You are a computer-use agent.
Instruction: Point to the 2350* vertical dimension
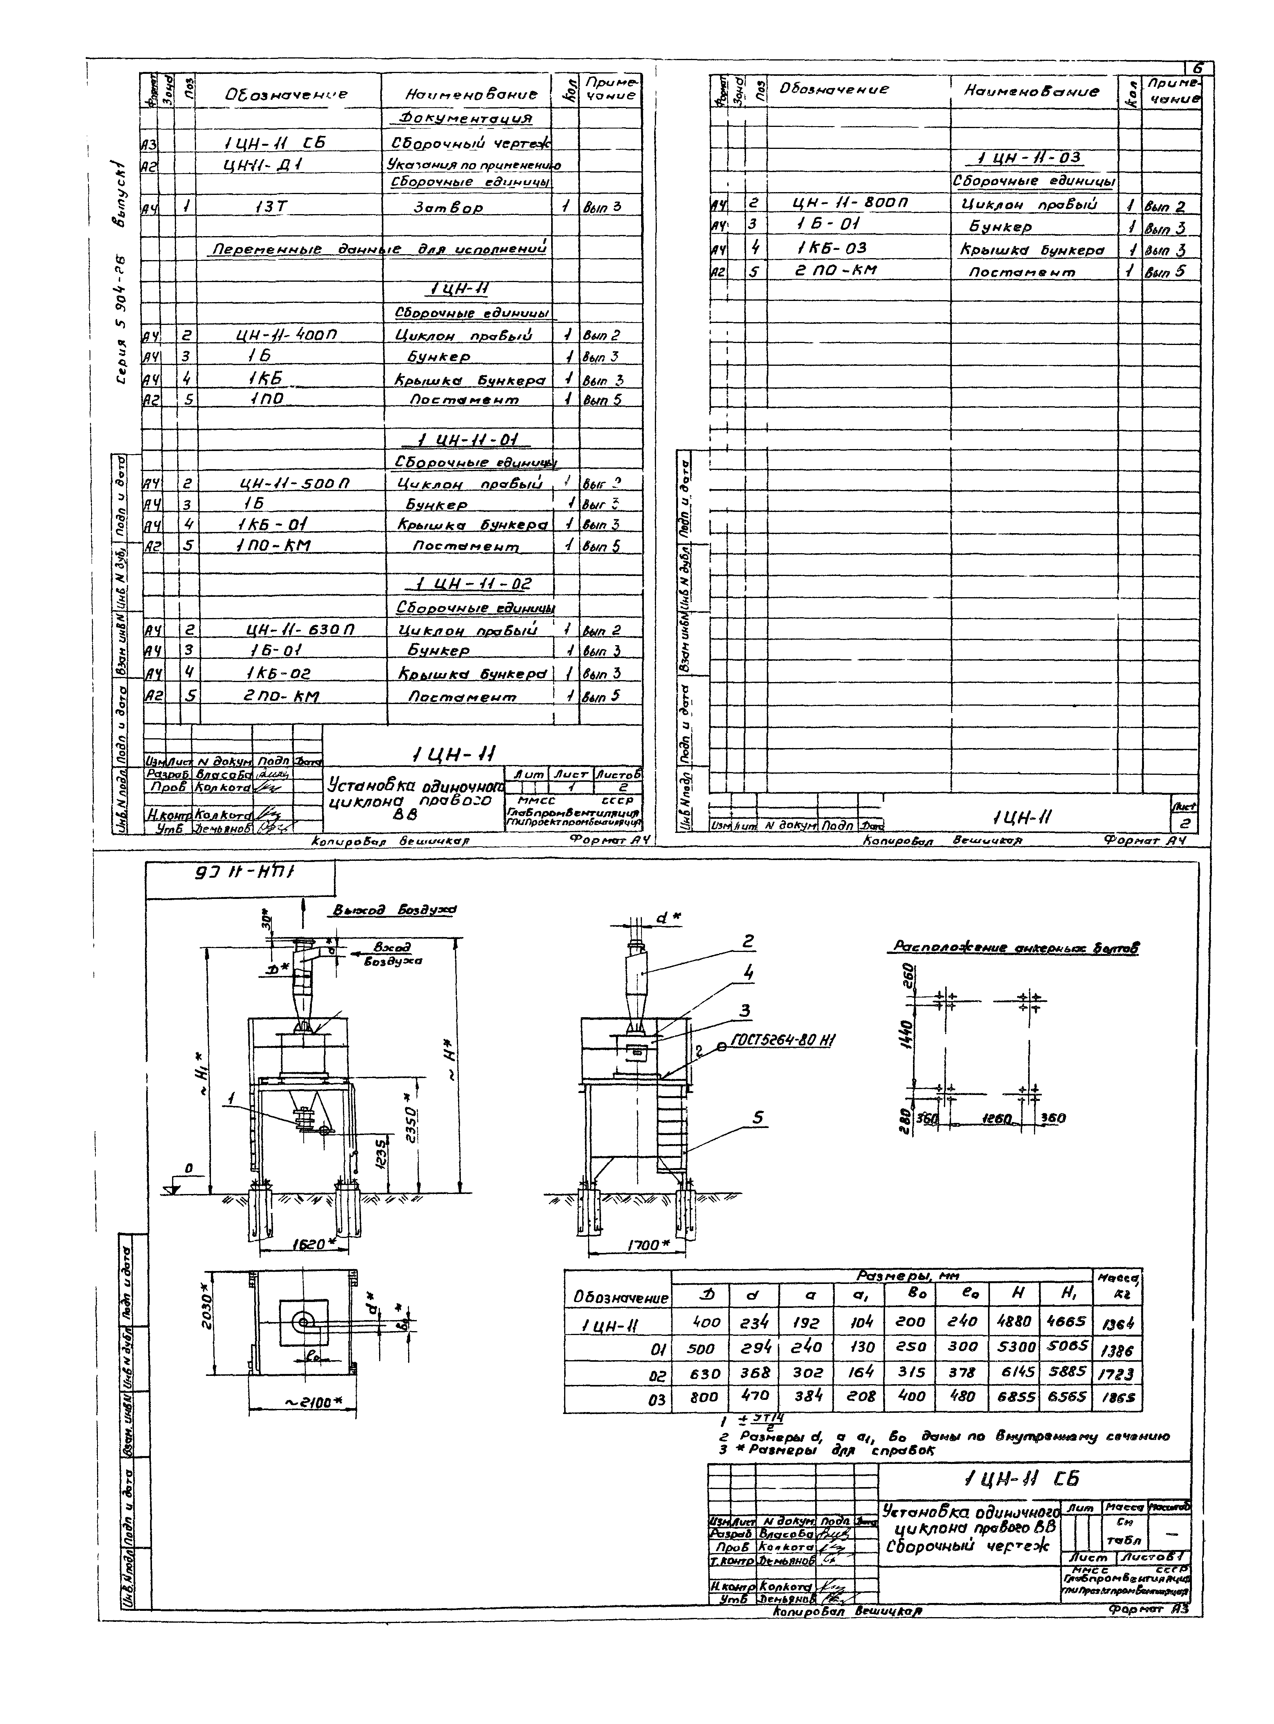pyautogui.click(x=411, y=1125)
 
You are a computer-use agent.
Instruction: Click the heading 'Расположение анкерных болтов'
pyautogui.click(x=1016, y=947)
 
